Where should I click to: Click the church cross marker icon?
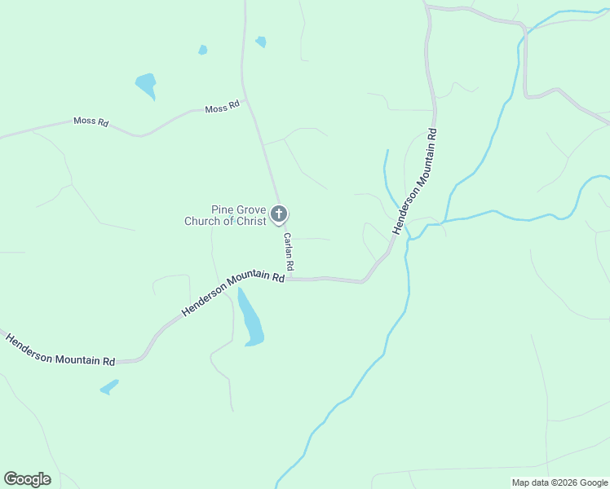[279, 214]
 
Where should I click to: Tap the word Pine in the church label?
[223, 209]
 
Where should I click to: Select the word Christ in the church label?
[250, 221]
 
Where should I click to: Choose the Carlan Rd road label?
[288, 253]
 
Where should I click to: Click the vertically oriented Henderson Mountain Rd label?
[414, 181]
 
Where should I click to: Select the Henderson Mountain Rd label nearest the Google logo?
[60, 350]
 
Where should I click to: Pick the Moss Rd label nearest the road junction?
[222, 108]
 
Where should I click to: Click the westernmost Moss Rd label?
[91, 121]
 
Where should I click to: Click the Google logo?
[27, 479]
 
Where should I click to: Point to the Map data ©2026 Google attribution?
[559, 482]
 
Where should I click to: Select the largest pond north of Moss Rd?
[146, 84]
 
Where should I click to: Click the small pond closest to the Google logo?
[109, 387]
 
